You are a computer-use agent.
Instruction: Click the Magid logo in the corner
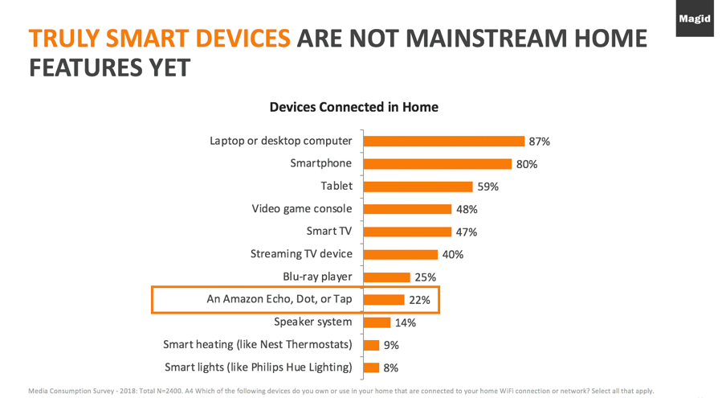click(x=694, y=18)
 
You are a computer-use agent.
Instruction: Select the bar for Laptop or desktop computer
click(x=443, y=141)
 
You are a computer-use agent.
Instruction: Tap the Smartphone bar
click(x=437, y=164)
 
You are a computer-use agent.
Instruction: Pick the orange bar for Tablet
click(x=418, y=187)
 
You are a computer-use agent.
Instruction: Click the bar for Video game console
click(x=407, y=209)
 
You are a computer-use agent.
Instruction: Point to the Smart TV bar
click(x=406, y=232)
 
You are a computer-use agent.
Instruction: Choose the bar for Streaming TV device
click(x=400, y=254)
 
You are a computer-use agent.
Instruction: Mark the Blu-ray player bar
click(x=386, y=277)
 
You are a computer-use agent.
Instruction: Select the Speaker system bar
click(x=376, y=322)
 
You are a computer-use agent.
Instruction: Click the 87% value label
click(x=539, y=142)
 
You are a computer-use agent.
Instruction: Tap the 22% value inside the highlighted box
click(x=419, y=300)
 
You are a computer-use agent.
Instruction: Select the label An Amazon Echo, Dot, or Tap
click(x=279, y=299)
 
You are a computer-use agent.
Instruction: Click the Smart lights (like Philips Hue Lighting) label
click(x=258, y=367)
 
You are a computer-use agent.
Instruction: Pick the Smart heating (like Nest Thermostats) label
click(x=257, y=345)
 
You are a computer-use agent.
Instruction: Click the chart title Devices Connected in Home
click(x=353, y=107)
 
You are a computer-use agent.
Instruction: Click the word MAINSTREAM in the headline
click(x=507, y=39)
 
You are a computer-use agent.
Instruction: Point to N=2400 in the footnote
click(x=192, y=392)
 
